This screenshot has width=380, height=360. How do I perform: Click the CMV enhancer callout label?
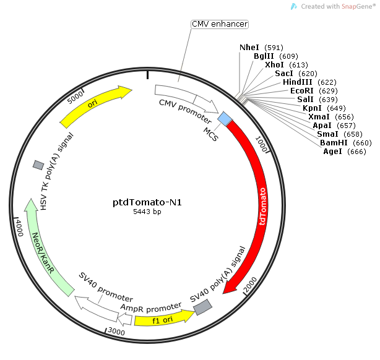click(219, 24)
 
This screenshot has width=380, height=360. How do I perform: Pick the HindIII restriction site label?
click(298, 82)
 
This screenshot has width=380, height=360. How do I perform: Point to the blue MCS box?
click(225, 118)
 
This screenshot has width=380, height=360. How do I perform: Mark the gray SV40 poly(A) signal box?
click(203, 306)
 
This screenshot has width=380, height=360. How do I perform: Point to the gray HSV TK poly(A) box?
click(38, 165)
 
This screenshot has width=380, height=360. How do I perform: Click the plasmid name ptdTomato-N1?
click(147, 202)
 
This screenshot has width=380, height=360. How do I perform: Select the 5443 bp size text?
click(147, 212)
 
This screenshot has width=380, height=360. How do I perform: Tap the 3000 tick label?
click(116, 331)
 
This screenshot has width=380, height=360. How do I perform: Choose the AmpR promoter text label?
click(151, 307)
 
